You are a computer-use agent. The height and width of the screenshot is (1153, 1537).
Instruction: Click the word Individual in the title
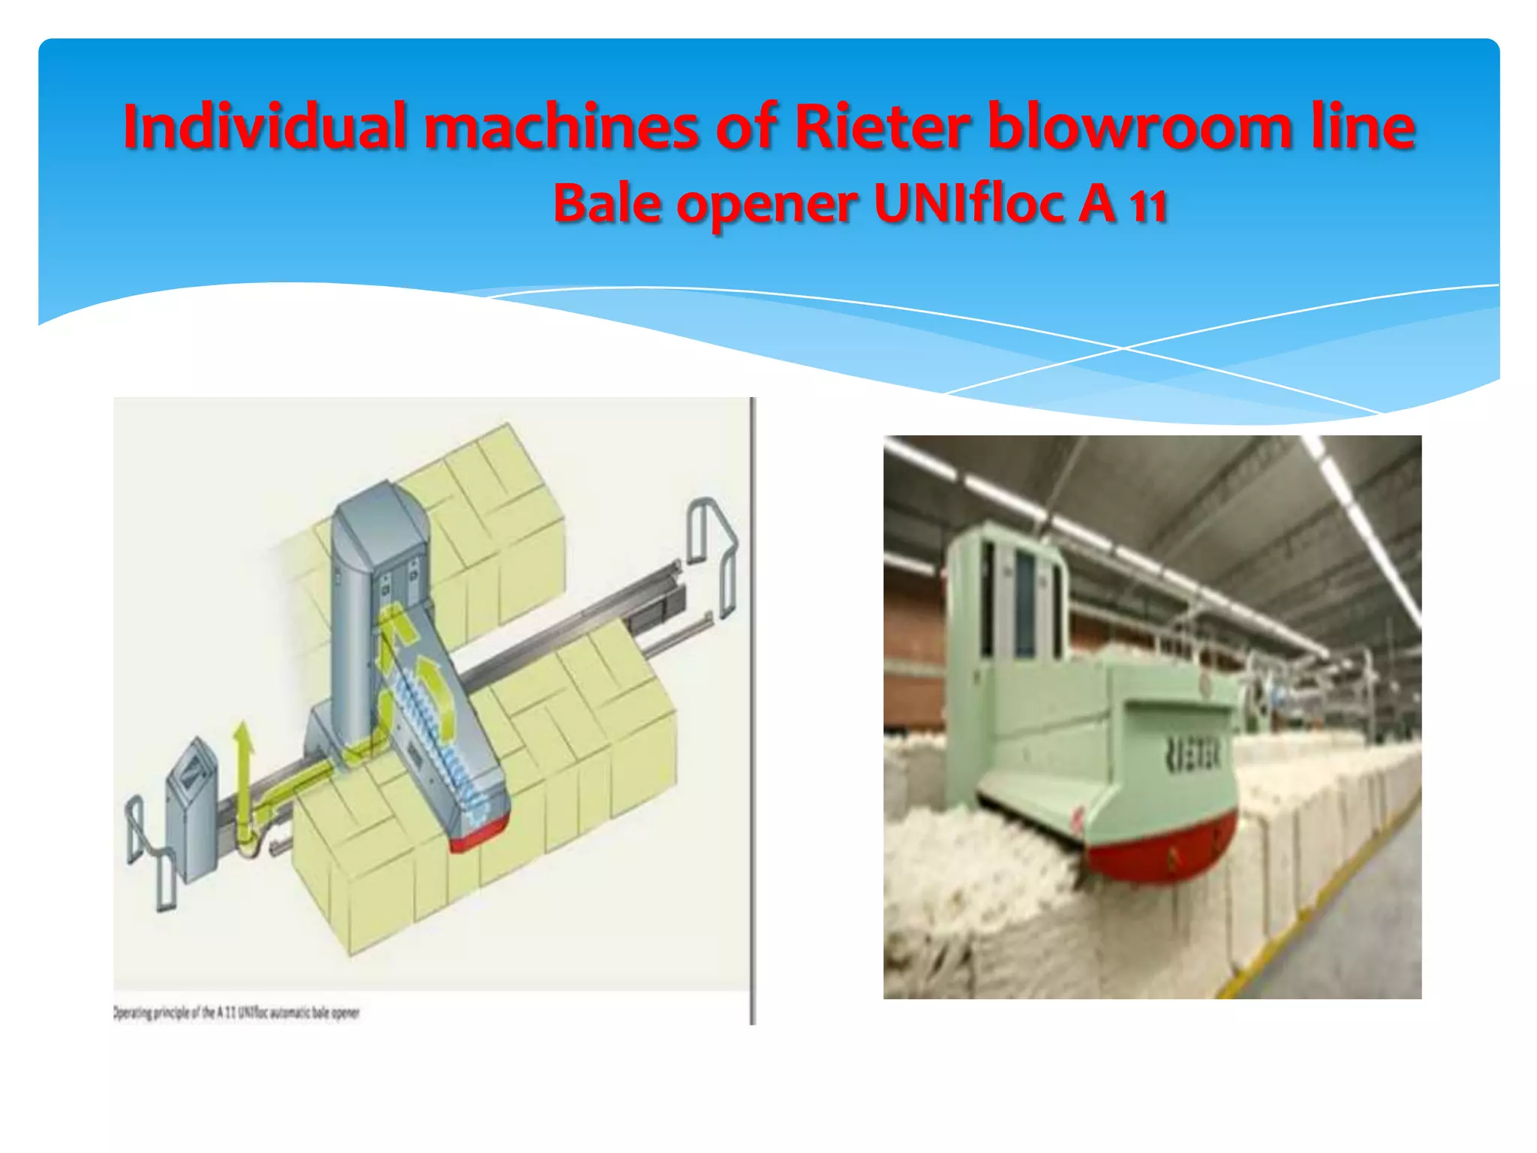(265, 126)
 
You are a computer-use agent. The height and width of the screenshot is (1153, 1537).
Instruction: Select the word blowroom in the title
(1138, 126)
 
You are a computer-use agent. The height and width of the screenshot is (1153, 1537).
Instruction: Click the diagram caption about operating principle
(236, 1013)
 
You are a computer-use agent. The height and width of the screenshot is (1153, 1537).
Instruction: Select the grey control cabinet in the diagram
(193, 807)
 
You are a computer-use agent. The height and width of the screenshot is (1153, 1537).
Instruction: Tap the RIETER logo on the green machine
(1193, 753)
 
